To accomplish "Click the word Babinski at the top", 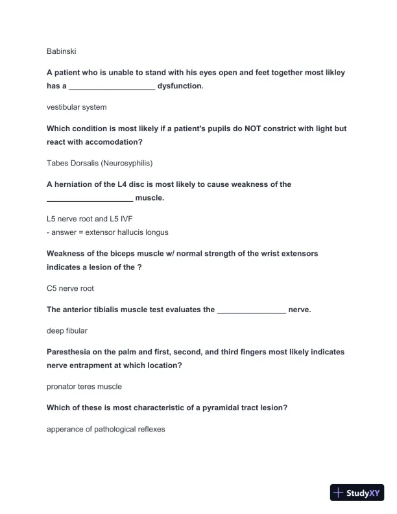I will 62,51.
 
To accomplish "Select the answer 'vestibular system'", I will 77,107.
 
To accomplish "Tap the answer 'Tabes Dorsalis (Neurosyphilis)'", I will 99,163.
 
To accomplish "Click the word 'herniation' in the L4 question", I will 76,184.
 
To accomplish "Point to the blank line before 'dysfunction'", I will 112,87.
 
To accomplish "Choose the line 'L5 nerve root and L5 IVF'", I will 90,219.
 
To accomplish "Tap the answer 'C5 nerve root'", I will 70,288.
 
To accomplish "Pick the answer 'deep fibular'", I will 67,331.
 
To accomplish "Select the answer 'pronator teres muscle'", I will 84,387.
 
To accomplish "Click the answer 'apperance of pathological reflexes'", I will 106,429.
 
